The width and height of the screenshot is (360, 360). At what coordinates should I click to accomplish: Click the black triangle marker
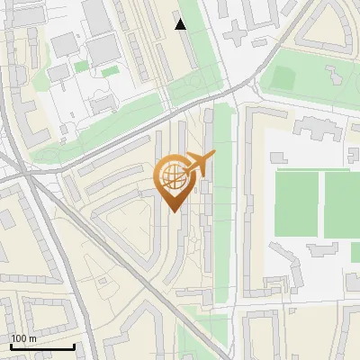(181, 24)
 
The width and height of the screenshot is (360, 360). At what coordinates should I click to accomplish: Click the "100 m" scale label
(22, 337)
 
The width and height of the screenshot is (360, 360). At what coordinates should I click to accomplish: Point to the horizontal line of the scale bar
(41, 346)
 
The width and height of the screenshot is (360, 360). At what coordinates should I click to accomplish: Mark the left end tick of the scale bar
(10, 345)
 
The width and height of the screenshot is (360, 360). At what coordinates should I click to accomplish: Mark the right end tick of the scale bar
(74, 345)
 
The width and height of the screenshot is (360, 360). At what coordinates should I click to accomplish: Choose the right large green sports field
(343, 204)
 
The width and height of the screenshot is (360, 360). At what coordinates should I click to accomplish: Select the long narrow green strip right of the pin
(220, 180)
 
